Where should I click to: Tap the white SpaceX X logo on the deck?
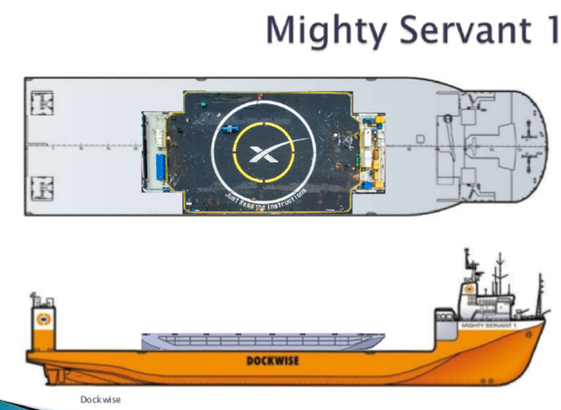[262, 154]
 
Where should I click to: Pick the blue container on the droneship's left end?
[162, 167]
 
